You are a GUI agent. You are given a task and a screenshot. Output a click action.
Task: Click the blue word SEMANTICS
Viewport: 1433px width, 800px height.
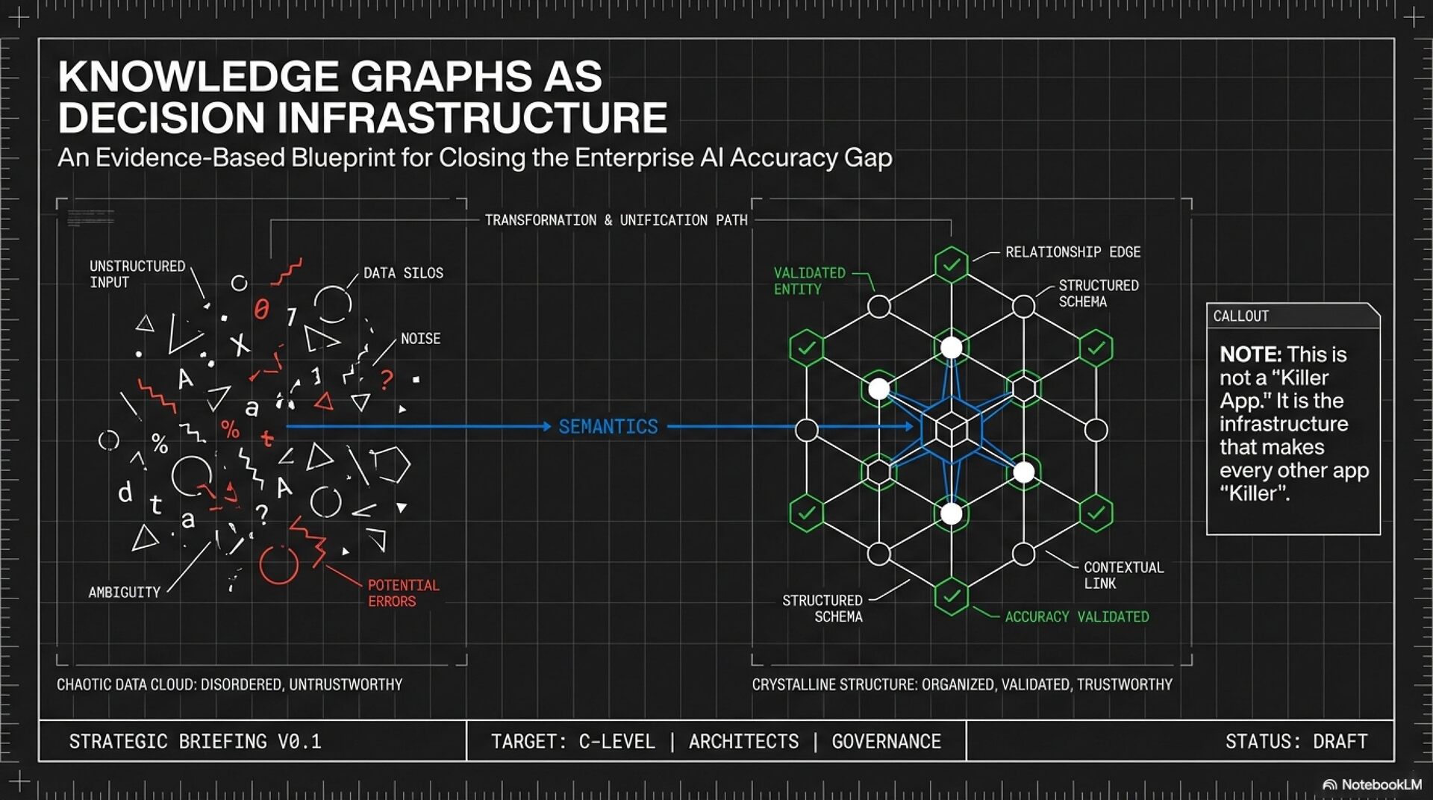coord(608,426)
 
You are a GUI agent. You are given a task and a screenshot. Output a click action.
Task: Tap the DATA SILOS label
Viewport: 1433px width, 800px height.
coord(403,273)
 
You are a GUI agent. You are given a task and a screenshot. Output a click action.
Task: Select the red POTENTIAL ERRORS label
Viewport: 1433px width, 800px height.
coord(403,593)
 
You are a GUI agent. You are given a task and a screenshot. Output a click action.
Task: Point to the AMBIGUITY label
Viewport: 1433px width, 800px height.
coord(124,593)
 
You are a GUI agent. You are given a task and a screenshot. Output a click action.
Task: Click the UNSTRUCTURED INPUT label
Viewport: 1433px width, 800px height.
coord(137,274)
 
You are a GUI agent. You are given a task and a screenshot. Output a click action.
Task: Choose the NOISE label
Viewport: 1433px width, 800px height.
coord(420,339)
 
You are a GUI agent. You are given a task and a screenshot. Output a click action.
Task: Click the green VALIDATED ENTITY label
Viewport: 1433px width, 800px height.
coord(809,281)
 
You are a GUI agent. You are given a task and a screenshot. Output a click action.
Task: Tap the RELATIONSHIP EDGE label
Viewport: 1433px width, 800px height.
coord(1073,252)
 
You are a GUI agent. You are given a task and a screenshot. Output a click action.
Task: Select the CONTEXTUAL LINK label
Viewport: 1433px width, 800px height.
coord(1123,575)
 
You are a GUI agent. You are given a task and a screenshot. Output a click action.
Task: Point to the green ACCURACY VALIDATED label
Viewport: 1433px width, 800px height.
coord(1076,617)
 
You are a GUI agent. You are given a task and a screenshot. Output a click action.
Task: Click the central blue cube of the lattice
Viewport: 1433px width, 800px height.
coord(951,429)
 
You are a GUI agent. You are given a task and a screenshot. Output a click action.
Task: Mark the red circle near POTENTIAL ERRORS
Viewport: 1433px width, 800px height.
coord(278,565)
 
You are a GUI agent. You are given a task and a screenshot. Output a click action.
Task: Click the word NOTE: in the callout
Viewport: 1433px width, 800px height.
coord(1250,354)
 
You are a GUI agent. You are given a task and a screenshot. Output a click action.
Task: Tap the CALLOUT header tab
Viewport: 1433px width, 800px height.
coord(1240,316)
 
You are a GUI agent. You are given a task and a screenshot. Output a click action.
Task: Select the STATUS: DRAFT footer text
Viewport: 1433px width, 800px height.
coord(1296,742)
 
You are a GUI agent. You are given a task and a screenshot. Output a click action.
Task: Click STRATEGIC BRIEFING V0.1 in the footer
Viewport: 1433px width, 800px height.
coord(195,742)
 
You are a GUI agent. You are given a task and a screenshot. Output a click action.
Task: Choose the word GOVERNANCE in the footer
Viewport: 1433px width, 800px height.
coord(886,742)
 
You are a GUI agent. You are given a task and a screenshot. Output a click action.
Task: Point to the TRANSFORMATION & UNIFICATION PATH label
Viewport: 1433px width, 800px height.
coord(616,220)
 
